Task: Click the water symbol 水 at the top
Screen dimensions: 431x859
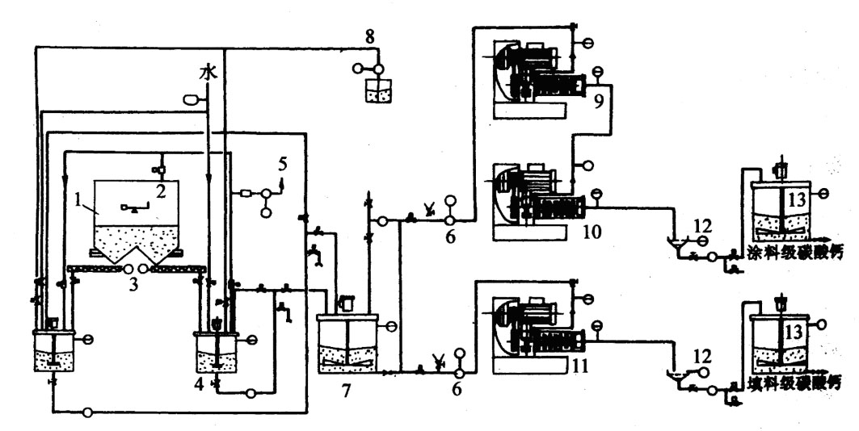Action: tap(208, 73)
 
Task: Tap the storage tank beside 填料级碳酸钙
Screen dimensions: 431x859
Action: tap(781, 343)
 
